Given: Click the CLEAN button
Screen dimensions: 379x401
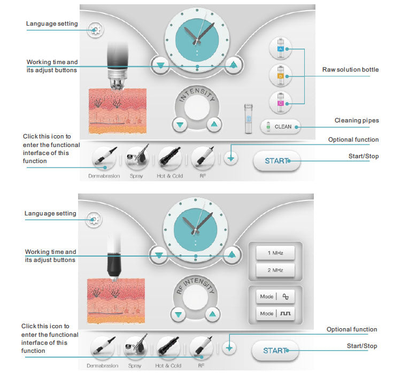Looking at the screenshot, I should [x=281, y=127].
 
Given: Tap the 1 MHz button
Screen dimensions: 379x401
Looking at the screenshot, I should [x=275, y=252].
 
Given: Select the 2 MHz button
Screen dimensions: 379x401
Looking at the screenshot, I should [x=275, y=270].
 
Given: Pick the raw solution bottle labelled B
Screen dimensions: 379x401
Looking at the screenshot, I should [x=280, y=75].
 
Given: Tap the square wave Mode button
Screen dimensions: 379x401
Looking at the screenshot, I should [x=275, y=313].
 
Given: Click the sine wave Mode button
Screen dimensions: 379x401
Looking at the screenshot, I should [x=275, y=296].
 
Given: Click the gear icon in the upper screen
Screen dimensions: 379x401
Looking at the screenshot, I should [x=96, y=29].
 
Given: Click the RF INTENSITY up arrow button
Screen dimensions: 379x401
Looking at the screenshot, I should [x=212, y=314].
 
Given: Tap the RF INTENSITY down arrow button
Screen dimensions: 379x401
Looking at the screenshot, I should [x=179, y=314].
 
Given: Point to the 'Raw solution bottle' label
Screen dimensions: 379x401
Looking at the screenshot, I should [x=350, y=70].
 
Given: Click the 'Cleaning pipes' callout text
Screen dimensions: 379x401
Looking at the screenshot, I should [x=357, y=120].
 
